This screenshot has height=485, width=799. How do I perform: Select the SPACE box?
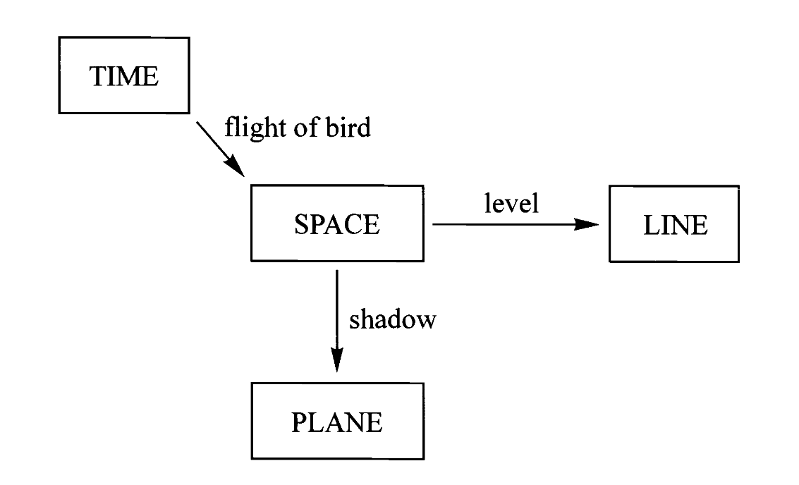337,223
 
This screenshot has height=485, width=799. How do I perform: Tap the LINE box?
674,223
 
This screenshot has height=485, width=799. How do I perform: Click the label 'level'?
511,203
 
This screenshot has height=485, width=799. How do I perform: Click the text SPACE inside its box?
337,224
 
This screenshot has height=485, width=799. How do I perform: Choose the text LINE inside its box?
674,225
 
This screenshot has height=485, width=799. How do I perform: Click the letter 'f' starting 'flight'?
229,128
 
